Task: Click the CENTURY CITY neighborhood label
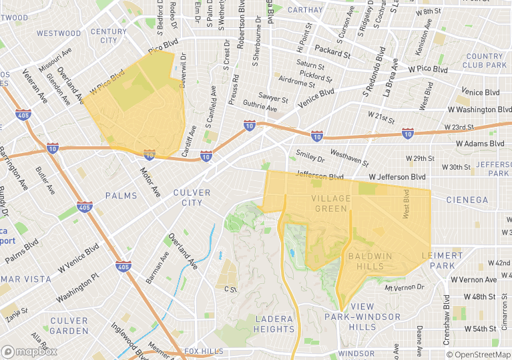(x=108, y=36)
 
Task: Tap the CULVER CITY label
(x=192, y=198)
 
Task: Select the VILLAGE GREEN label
(x=329, y=204)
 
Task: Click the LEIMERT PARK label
(x=442, y=260)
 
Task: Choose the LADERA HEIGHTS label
(x=274, y=324)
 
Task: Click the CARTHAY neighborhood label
(x=304, y=10)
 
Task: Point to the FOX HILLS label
(x=204, y=351)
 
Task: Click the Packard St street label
(x=332, y=51)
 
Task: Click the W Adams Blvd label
(x=480, y=144)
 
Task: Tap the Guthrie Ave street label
(x=259, y=105)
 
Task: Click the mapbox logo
(x=29, y=351)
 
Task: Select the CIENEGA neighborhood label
(x=467, y=200)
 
